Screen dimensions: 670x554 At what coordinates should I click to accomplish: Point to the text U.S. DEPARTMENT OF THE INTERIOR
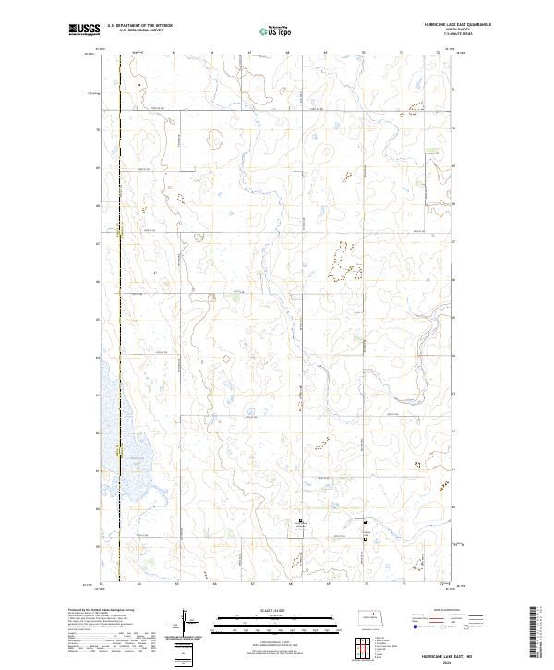coord(139,26)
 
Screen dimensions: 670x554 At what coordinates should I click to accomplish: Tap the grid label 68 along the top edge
coord(288,53)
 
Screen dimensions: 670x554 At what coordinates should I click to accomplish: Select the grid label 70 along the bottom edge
coord(366,584)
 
